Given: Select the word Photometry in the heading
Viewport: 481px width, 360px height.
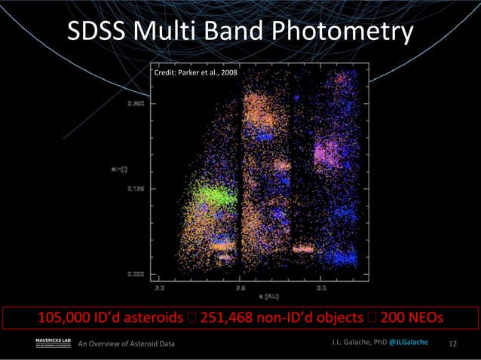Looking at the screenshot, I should pyautogui.click(x=342, y=32).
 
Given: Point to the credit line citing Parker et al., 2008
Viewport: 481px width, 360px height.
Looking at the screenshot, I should pyautogui.click(x=195, y=73).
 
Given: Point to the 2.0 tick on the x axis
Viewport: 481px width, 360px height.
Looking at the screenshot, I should pyautogui.click(x=160, y=287).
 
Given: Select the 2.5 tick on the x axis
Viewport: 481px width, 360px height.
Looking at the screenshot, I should pyautogui.click(x=240, y=287).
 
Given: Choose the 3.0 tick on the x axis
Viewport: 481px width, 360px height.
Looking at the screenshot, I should pyautogui.click(x=321, y=287).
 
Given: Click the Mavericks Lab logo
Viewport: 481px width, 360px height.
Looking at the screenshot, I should pyautogui.click(x=53, y=344).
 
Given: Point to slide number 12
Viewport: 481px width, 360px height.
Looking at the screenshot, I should pyautogui.click(x=453, y=344).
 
